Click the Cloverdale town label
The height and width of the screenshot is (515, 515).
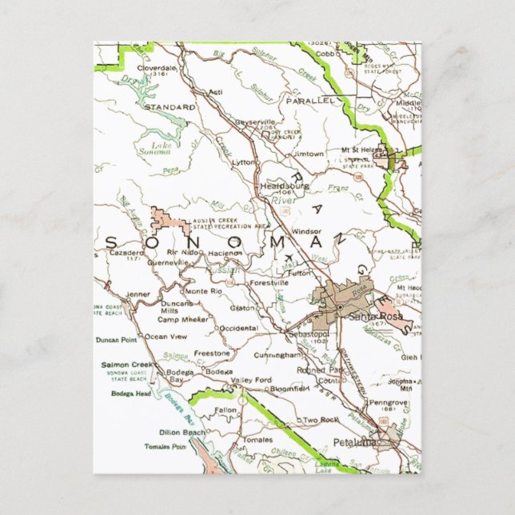pyautogui.click(x=156, y=69)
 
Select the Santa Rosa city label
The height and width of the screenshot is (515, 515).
pyautogui.click(x=369, y=317)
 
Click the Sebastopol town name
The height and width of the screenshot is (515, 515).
pyautogui.click(x=308, y=332)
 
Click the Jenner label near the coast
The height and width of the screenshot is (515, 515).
pyautogui.click(x=138, y=294)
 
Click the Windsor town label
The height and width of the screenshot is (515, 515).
pyautogui.click(x=306, y=231)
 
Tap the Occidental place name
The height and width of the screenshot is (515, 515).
pyautogui.click(x=238, y=328)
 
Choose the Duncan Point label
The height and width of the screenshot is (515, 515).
pyautogui.click(x=117, y=339)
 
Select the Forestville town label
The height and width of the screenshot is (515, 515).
pyautogui.click(x=268, y=282)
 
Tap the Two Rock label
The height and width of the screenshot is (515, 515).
pyautogui.click(x=321, y=420)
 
